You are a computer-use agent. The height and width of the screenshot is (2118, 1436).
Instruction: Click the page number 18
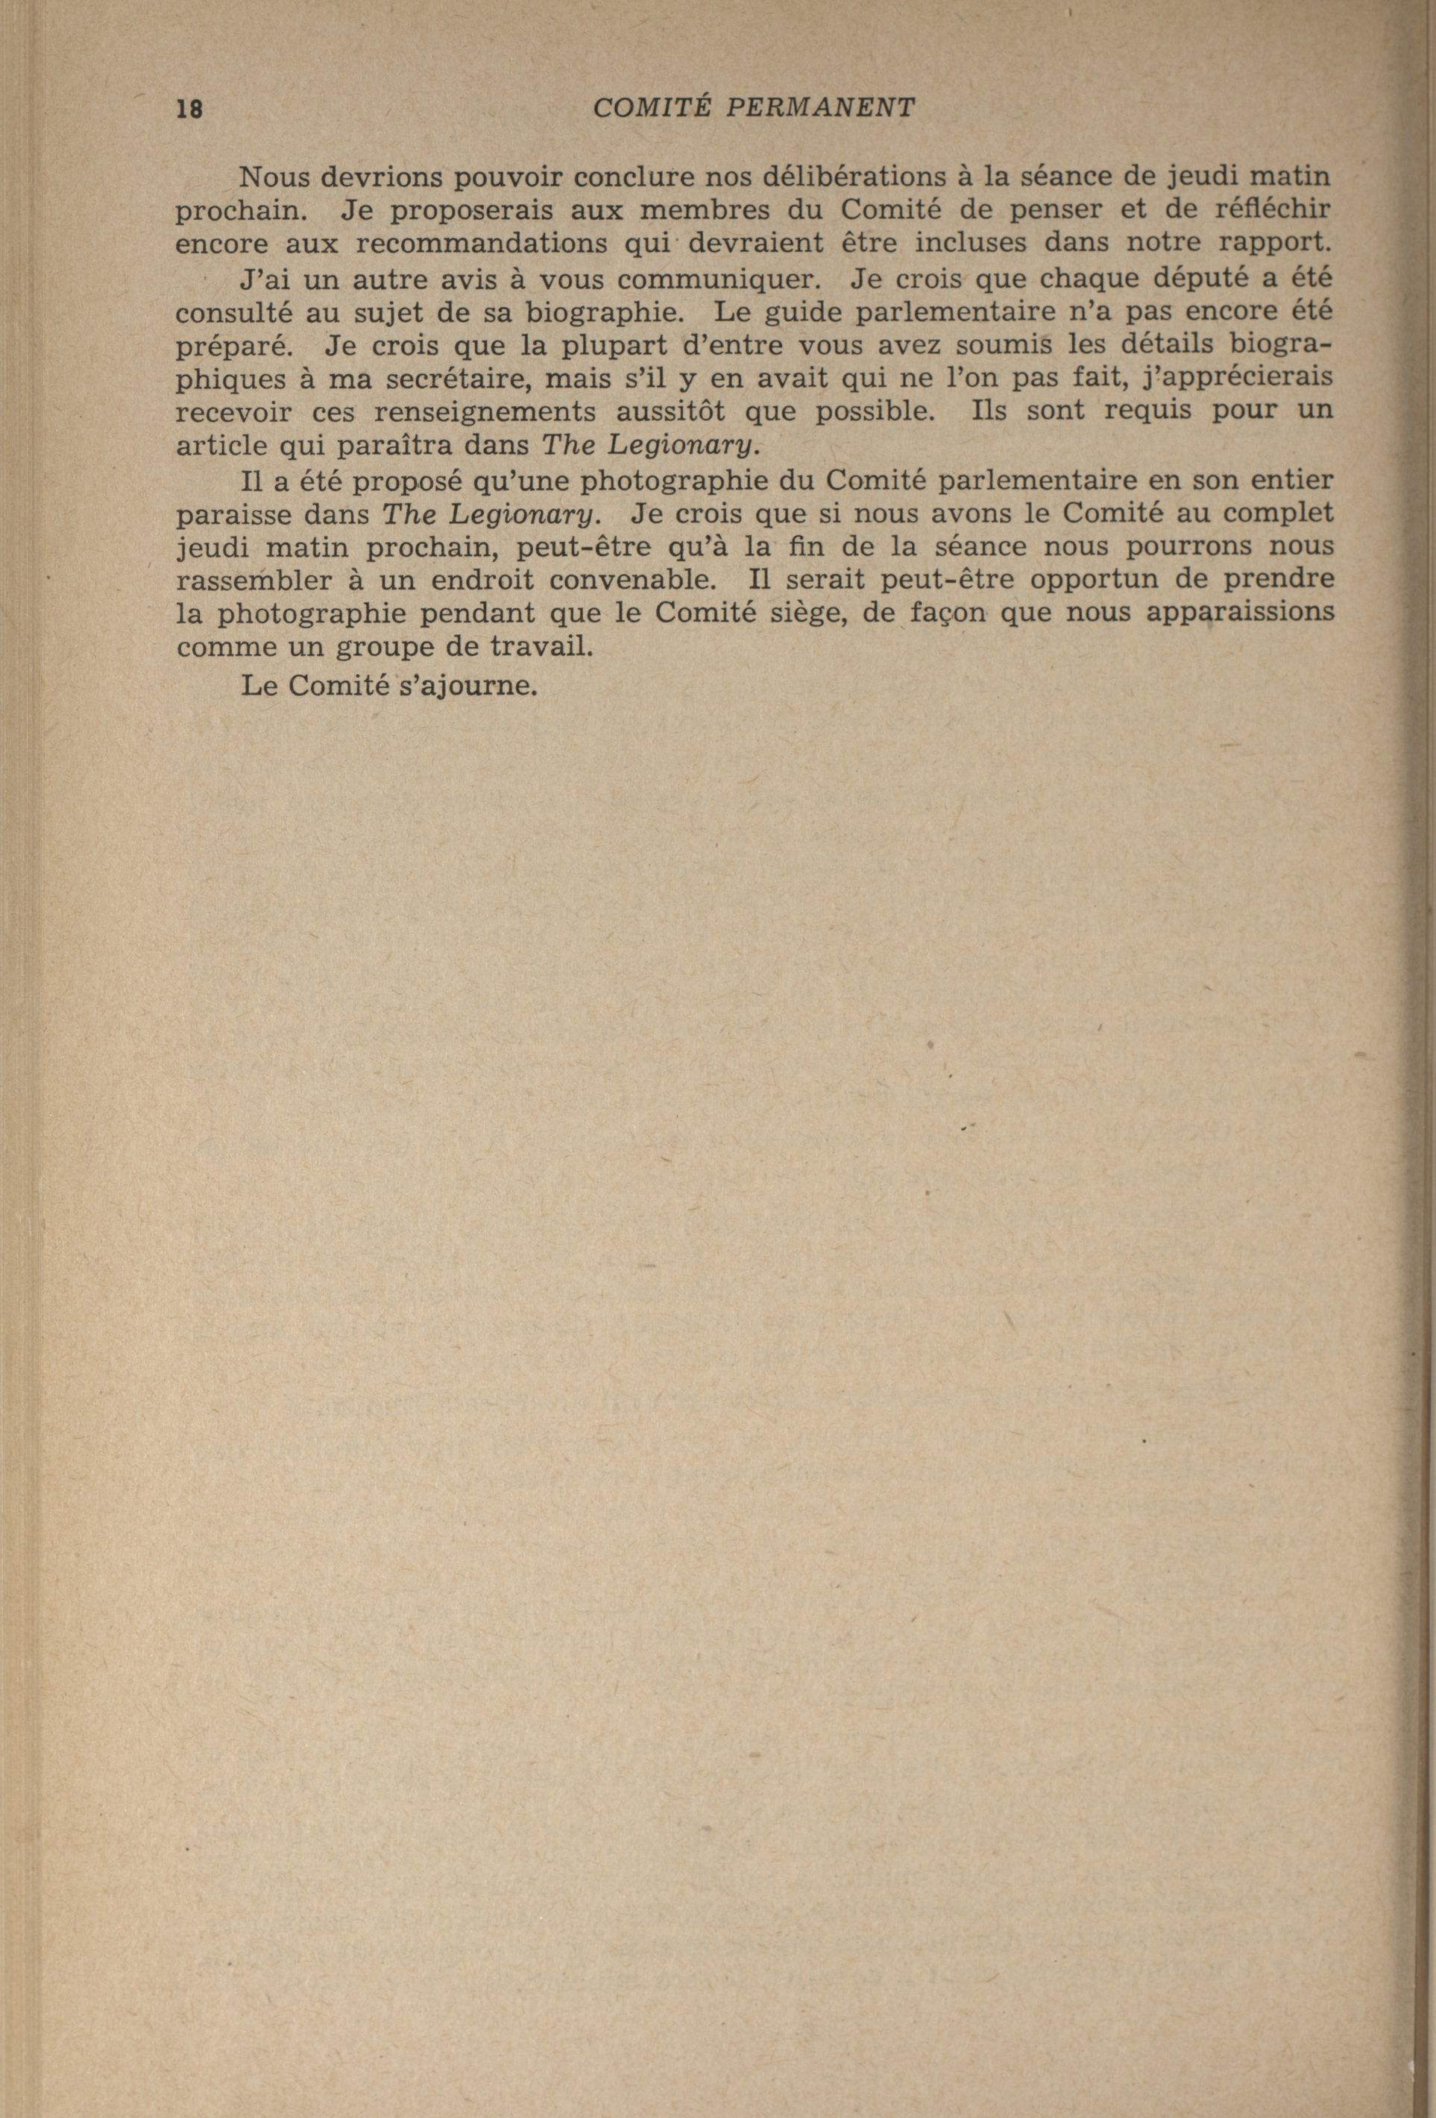pos(189,110)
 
